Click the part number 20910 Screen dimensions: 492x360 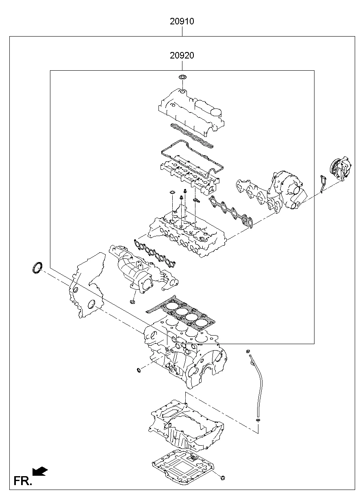coord(182,22)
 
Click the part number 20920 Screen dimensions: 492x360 coord(182,56)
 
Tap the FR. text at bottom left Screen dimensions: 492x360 coord(22,481)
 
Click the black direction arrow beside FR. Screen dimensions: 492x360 coord(40,471)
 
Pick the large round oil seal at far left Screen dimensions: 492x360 coord(37,268)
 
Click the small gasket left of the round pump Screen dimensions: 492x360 coord(323,182)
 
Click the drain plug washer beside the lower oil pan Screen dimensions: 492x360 coord(223,477)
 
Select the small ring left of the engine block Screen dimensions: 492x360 coord(139,370)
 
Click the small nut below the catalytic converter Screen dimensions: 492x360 coord(132,301)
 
